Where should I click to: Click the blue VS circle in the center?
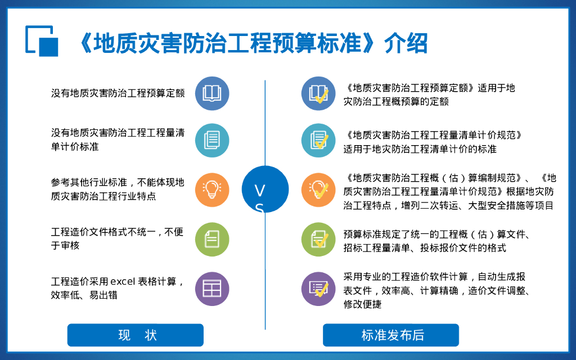[265, 190]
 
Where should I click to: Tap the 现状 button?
[136, 335]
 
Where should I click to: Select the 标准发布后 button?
[391, 335]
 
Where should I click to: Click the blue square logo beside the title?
[42, 40]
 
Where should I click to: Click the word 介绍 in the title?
[406, 43]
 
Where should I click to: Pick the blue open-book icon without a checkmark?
[212, 93]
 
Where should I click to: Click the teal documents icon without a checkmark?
[212, 140]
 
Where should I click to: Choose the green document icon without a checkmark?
[212, 239]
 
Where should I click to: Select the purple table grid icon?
[212, 289]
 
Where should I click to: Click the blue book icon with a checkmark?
[318, 93]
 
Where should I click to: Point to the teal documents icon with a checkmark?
[318, 140]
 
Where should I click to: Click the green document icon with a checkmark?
[318, 239]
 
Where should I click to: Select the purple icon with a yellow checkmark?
[318, 289]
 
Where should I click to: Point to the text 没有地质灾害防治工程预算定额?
[118, 93]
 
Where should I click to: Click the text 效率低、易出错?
[84, 295]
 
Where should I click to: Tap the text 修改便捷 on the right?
[363, 304]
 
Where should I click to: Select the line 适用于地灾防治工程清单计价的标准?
[420, 149]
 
